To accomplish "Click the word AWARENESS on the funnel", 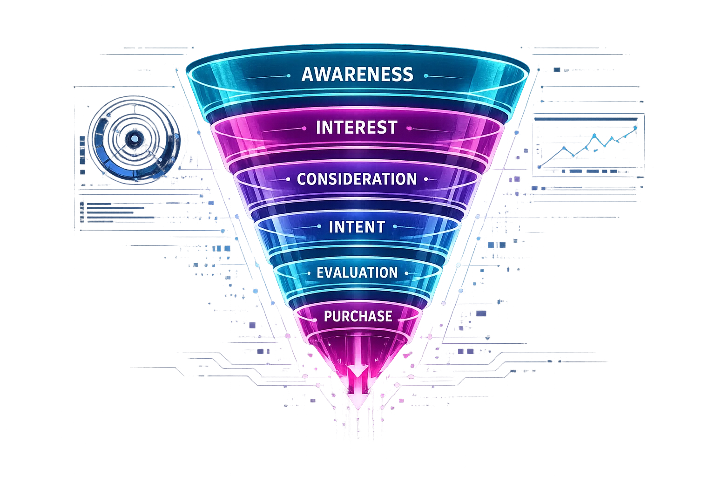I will click(357, 75).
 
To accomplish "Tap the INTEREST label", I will click(357, 127).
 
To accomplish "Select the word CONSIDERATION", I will click(357, 179).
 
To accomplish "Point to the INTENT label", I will click(357, 227).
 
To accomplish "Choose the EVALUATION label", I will click(357, 273).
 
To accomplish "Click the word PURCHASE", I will click(357, 316).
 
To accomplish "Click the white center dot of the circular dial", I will click(135, 138).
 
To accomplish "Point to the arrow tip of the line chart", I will click(636, 128).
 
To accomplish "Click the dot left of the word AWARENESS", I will click(289, 75).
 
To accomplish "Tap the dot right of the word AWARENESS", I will click(425, 75).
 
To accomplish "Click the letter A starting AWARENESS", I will click(307, 75).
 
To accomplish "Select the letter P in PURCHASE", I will click(328, 316).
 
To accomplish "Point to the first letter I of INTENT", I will click(331, 227).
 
